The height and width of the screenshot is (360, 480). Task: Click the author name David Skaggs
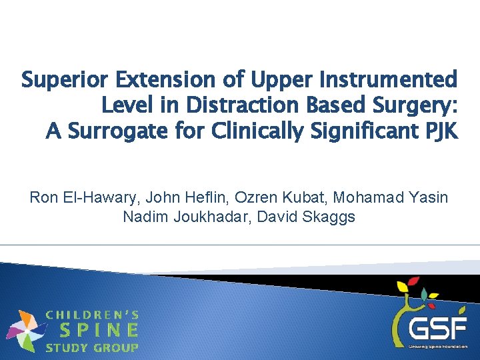point(312,217)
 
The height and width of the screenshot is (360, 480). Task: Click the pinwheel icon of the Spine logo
point(25,330)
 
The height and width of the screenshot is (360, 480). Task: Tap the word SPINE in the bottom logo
point(99,330)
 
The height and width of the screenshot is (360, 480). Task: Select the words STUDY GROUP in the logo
point(92,347)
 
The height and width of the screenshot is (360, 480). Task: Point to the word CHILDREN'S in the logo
point(92,313)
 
